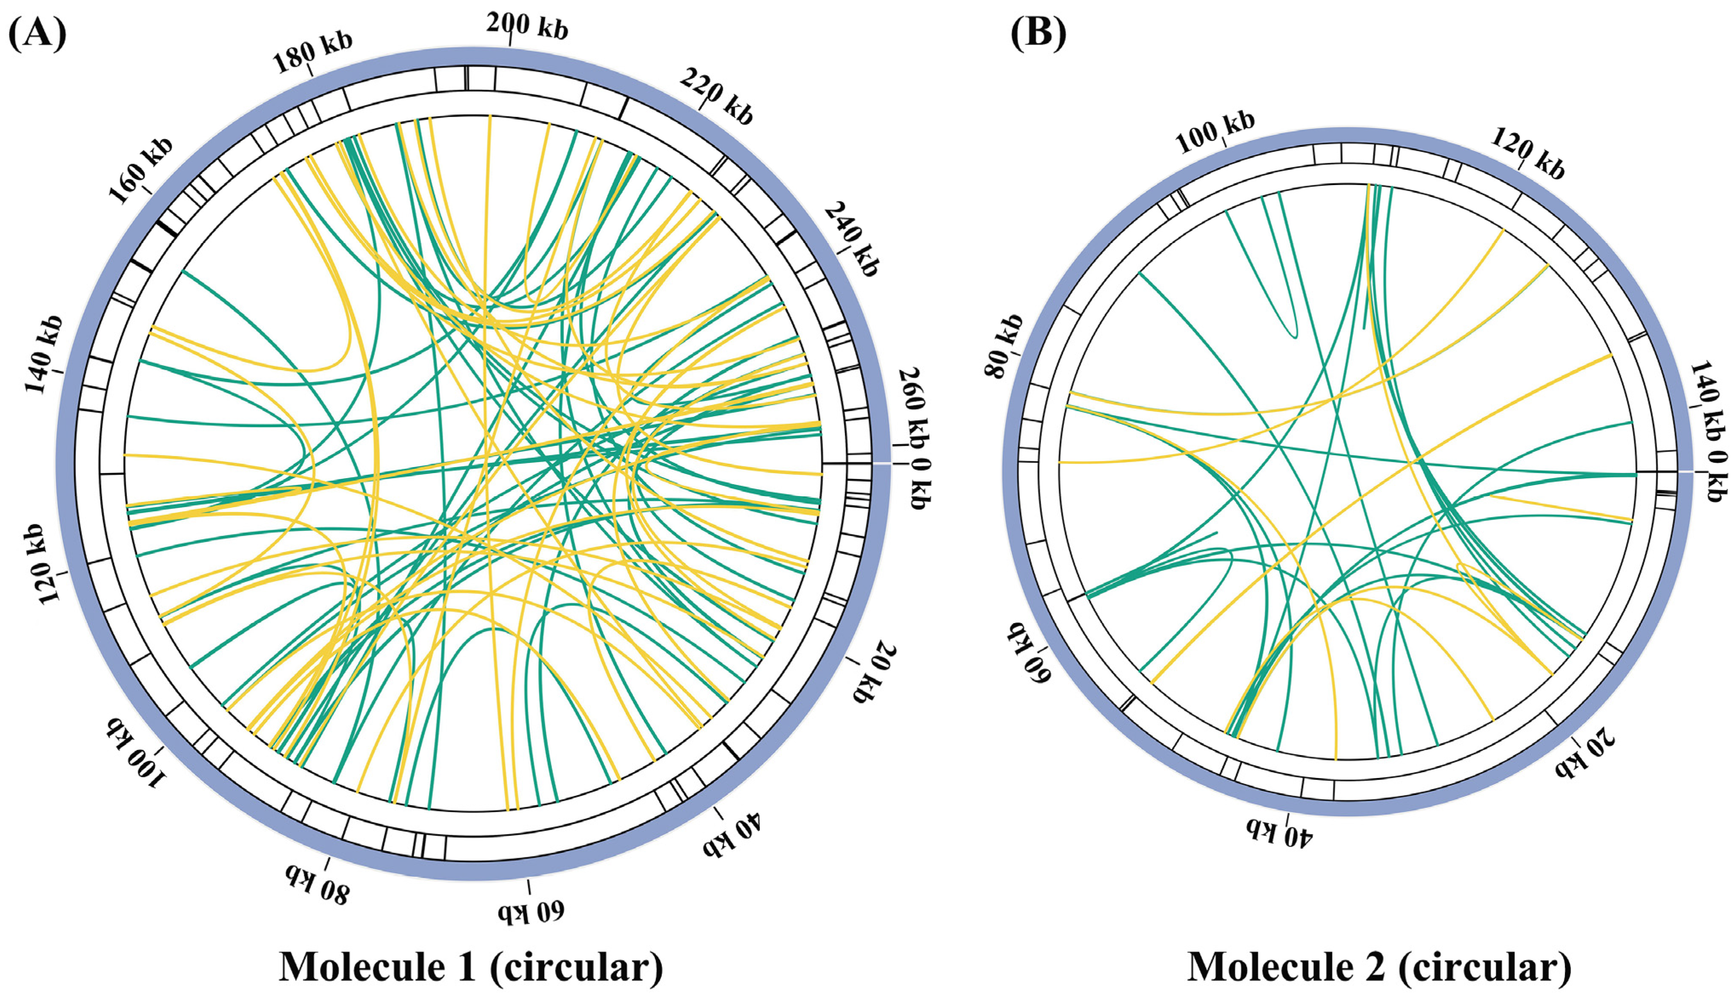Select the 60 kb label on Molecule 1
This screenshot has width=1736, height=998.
[x=532, y=912]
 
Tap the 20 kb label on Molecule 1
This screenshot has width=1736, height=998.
[x=874, y=672]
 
